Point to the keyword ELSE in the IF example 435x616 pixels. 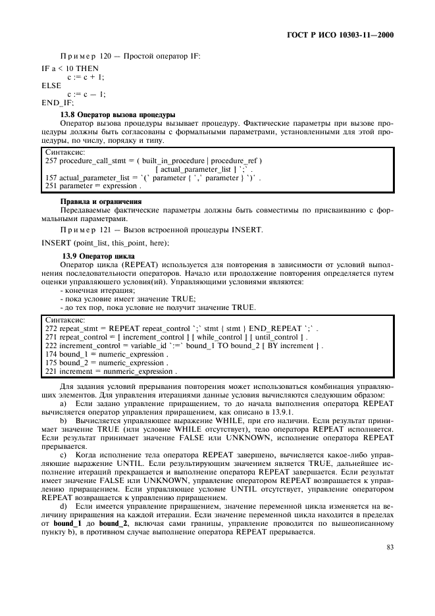[51, 86]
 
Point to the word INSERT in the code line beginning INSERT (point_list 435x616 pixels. [56, 244]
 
